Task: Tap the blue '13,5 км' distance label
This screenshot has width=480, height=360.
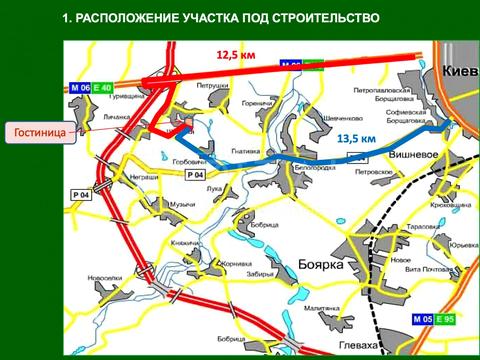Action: (356, 138)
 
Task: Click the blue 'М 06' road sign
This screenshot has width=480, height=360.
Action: (80, 88)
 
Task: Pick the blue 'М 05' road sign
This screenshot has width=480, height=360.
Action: (422, 319)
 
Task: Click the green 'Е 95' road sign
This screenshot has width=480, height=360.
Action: (445, 319)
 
